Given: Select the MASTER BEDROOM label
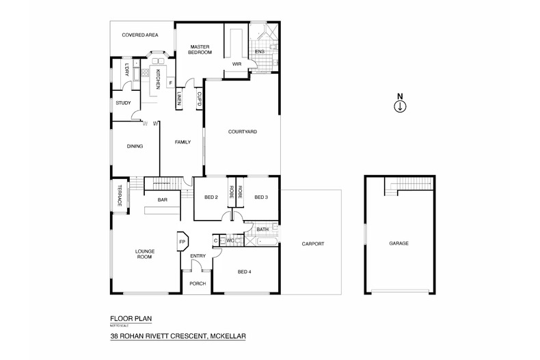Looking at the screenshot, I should pyautogui.click(x=200, y=50).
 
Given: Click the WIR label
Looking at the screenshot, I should pyautogui.click(x=237, y=64).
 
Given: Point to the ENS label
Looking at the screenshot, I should pyautogui.click(x=260, y=52).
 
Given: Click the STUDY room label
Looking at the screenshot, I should pyautogui.click(x=123, y=102).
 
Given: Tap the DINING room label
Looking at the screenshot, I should pyautogui.click(x=134, y=145).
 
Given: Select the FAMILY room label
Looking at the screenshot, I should pyautogui.click(x=182, y=141).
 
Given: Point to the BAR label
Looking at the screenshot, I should pyautogui.click(x=163, y=199).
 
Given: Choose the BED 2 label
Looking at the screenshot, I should pyautogui.click(x=211, y=197).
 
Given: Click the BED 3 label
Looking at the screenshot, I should pyautogui.click(x=260, y=197).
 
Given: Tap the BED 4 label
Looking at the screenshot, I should pyautogui.click(x=244, y=272).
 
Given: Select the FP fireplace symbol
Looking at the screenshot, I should pyautogui.click(x=183, y=242).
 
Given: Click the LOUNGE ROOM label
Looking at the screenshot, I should pyautogui.click(x=144, y=254).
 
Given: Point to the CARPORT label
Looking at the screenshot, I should pyautogui.click(x=312, y=244).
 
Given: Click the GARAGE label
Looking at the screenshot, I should pyautogui.click(x=399, y=243).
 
